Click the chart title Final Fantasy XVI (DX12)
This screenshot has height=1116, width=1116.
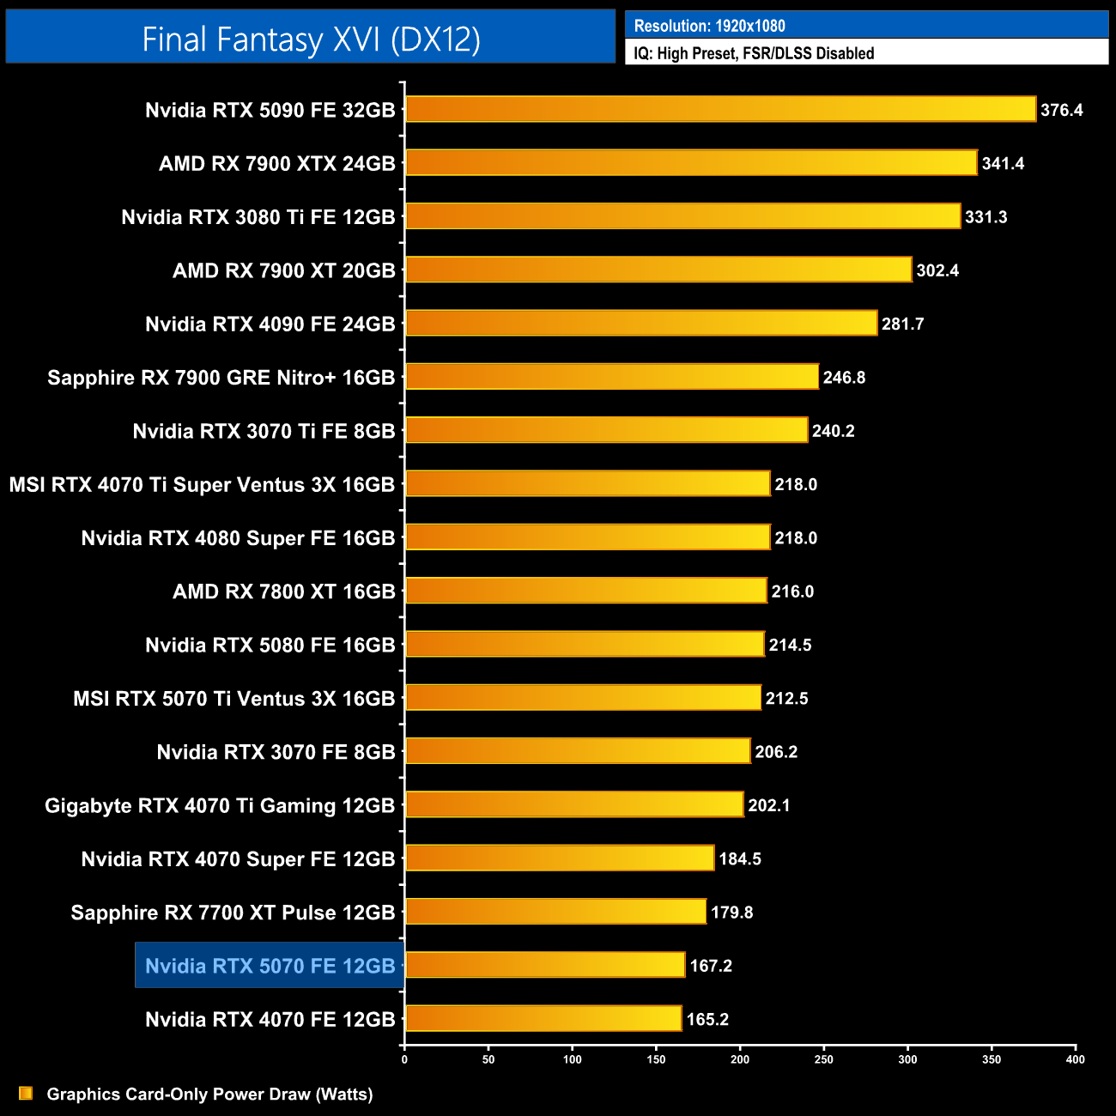pos(311,39)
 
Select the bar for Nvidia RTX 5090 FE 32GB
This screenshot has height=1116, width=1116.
pos(720,110)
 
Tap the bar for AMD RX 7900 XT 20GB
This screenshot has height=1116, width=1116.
pos(658,270)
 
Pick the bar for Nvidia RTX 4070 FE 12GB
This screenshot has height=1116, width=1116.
pos(543,1019)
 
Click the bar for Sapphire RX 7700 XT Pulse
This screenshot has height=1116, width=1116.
pos(555,912)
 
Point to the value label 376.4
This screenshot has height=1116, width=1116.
pos(1061,110)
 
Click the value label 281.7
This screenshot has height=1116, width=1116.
pos(902,324)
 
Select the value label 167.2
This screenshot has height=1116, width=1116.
pos(711,966)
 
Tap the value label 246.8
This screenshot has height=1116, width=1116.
pos(844,378)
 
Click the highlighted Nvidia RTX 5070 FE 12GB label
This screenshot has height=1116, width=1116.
pos(270,966)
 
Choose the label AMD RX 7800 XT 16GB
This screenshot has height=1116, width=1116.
pos(283,591)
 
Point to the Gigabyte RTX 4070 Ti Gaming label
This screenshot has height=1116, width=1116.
pos(220,805)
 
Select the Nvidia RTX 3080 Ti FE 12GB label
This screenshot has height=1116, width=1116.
pos(258,217)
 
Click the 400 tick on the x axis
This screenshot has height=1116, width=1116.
pos(1075,1059)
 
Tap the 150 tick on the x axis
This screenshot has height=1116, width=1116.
pos(656,1059)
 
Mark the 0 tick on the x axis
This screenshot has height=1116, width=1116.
pos(404,1059)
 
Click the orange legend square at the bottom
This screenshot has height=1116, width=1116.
pos(26,1094)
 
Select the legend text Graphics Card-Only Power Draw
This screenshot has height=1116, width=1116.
pos(209,1095)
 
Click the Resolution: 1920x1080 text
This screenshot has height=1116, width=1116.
pos(709,26)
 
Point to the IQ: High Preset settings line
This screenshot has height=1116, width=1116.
pos(754,53)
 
